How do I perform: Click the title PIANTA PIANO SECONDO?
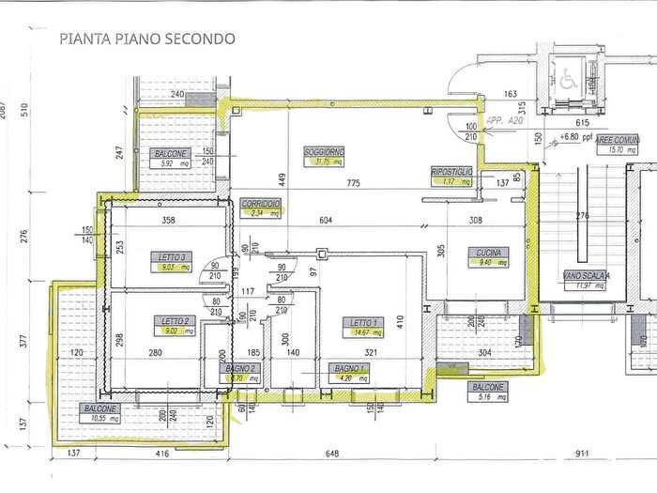pos(147,39)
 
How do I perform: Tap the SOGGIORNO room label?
pos(324,152)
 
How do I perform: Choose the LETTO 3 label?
pos(170,256)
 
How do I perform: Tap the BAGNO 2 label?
pos(242,370)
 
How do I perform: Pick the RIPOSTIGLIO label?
pos(451,172)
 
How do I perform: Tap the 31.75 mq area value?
pos(323,162)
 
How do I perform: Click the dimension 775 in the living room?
pos(353,182)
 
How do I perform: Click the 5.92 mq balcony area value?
pos(171,163)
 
